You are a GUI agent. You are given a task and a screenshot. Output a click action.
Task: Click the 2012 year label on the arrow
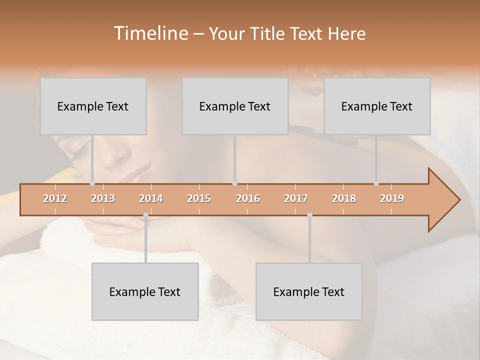(55, 198)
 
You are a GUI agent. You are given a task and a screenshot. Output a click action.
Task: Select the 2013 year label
(103, 198)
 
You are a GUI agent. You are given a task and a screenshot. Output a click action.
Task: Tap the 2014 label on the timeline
(151, 198)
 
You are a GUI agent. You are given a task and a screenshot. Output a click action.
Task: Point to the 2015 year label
(199, 198)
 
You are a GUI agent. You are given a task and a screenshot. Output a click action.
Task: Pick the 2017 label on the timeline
(296, 198)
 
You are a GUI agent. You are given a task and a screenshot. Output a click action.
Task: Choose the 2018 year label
(344, 198)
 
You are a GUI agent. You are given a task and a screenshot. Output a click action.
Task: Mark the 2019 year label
(392, 198)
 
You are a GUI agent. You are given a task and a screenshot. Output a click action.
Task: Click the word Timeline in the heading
(150, 33)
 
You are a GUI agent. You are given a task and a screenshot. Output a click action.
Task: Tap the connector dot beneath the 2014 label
(146, 215)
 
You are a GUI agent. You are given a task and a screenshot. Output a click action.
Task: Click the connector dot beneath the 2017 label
(309, 215)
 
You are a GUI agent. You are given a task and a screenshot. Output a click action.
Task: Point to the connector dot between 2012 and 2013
(92, 183)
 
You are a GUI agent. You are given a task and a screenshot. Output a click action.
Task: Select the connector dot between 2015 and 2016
(234, 183)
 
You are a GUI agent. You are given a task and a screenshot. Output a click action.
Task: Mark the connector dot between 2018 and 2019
(376, 183)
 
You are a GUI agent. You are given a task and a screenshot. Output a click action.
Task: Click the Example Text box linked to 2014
(145, 292)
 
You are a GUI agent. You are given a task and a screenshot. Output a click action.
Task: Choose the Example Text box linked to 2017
(309, 292)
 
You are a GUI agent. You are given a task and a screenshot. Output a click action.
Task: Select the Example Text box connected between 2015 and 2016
(235, 106)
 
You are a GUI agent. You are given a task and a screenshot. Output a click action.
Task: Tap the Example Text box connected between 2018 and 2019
(377, 106)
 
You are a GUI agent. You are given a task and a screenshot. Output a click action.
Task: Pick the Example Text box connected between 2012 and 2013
(93, 106)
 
